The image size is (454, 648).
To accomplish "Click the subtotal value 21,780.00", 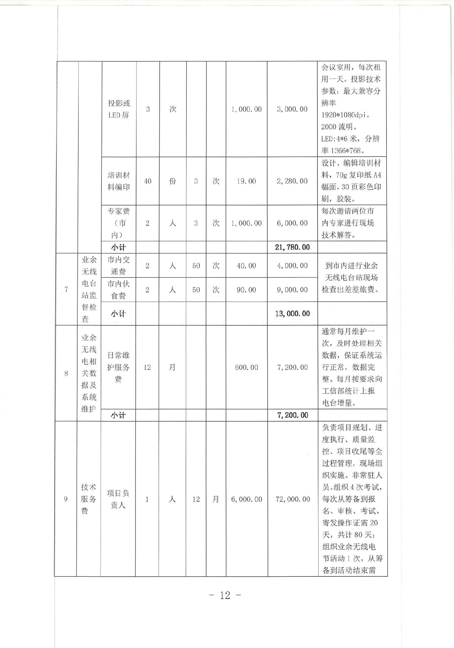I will [292, 247].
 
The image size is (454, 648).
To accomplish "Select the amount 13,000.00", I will [292, 313].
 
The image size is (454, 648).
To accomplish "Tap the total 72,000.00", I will [293, 499].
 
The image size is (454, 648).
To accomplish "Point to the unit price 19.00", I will [246, 181].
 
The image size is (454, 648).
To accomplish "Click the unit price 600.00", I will [246, 367].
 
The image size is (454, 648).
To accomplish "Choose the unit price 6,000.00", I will [246, 499].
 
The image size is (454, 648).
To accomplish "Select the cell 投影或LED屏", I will [119, 109].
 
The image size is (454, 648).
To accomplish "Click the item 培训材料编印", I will [119, 181].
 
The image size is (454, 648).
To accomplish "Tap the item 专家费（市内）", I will [119, 223].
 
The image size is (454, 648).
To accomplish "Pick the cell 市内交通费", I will [119, 266].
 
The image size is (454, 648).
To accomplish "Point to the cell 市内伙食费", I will [119, 290].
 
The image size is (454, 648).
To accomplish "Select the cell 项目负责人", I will [118, 499].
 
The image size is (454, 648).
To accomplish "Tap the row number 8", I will [66, 373].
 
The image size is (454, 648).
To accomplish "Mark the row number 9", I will [66, 499].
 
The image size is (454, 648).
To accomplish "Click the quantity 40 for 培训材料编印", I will [148, 181].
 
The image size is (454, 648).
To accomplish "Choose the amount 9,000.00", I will [292, 290].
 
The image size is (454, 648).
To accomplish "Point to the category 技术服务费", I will [88, 499].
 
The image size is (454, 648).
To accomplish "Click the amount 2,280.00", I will [292, 181].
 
